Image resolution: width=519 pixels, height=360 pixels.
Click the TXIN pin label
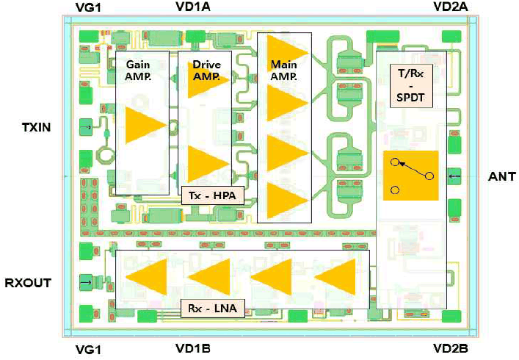click(37, 127)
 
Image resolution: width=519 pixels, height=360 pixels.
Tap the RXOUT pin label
click(28, 283)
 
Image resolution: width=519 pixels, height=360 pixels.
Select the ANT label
click(502, 176)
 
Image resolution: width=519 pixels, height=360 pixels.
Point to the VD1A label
click(193, 7)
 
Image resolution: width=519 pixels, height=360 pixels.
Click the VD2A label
click(451, 7)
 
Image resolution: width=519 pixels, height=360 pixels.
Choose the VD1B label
click(193, 348)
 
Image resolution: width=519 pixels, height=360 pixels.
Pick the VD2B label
click(451, 348)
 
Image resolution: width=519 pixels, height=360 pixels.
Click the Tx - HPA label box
click(213, 195)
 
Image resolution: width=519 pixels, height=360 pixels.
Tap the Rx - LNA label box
click(213, 309)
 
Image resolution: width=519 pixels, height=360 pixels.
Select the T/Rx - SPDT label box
click(411, 86)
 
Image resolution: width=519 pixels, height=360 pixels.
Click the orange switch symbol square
click(411, 176)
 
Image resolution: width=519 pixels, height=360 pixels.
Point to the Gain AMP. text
click(138, 71)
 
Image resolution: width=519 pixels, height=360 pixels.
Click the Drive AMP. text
click(206, 71)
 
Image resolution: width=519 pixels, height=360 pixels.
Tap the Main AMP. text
click(283, 71)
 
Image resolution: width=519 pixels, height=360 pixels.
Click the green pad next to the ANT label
click(454, 176)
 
